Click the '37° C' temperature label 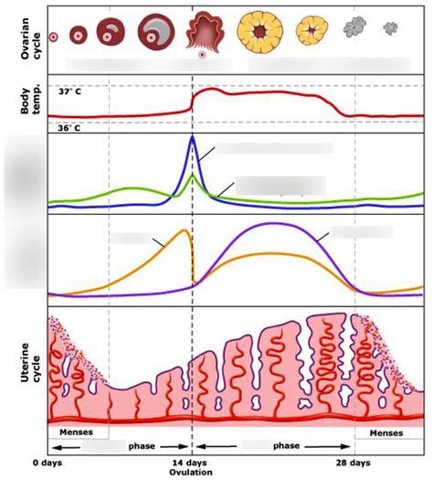coord(70,92)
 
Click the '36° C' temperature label coord(70,127)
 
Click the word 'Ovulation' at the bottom coord(192,473)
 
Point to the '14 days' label coord(192,464)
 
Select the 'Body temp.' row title coord(25,102)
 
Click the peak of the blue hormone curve coord(192,137)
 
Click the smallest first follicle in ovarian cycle coord(53,37)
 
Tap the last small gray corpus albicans coord(391,28)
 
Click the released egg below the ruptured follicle coord(201,56)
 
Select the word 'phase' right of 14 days coord(288,447)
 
